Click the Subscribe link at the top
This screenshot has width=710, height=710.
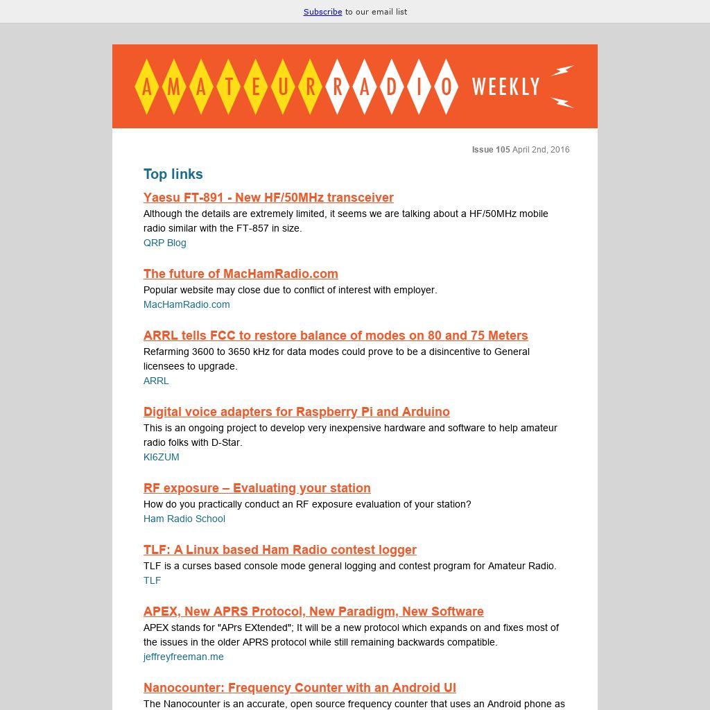point(322,12)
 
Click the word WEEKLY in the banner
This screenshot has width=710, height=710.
point(505,87)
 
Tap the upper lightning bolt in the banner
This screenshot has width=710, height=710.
point(562,71)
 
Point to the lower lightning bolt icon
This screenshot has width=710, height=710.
point(562,103)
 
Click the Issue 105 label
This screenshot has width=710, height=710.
point(491,150)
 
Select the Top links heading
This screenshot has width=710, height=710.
point(173,174)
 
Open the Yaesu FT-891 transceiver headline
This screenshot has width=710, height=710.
point(268,198)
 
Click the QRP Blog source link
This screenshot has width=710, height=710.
point(165,243)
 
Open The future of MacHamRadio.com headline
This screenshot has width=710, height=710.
point(241,274)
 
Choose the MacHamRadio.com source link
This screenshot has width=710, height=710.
point(187,304)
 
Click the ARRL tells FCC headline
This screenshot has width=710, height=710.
point(336,336)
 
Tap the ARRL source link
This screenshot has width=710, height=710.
point(156,381)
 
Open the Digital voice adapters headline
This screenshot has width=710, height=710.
point(297,412)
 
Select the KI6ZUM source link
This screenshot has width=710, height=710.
point(162,457)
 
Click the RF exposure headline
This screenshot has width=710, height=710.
point(257,488)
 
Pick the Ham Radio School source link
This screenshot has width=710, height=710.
point(184,519)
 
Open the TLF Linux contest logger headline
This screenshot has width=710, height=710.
point(280,550)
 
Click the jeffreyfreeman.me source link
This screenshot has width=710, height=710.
point(184,657)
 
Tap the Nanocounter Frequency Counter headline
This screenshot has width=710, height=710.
point(300,688)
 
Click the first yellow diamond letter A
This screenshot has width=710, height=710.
point(147,87)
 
